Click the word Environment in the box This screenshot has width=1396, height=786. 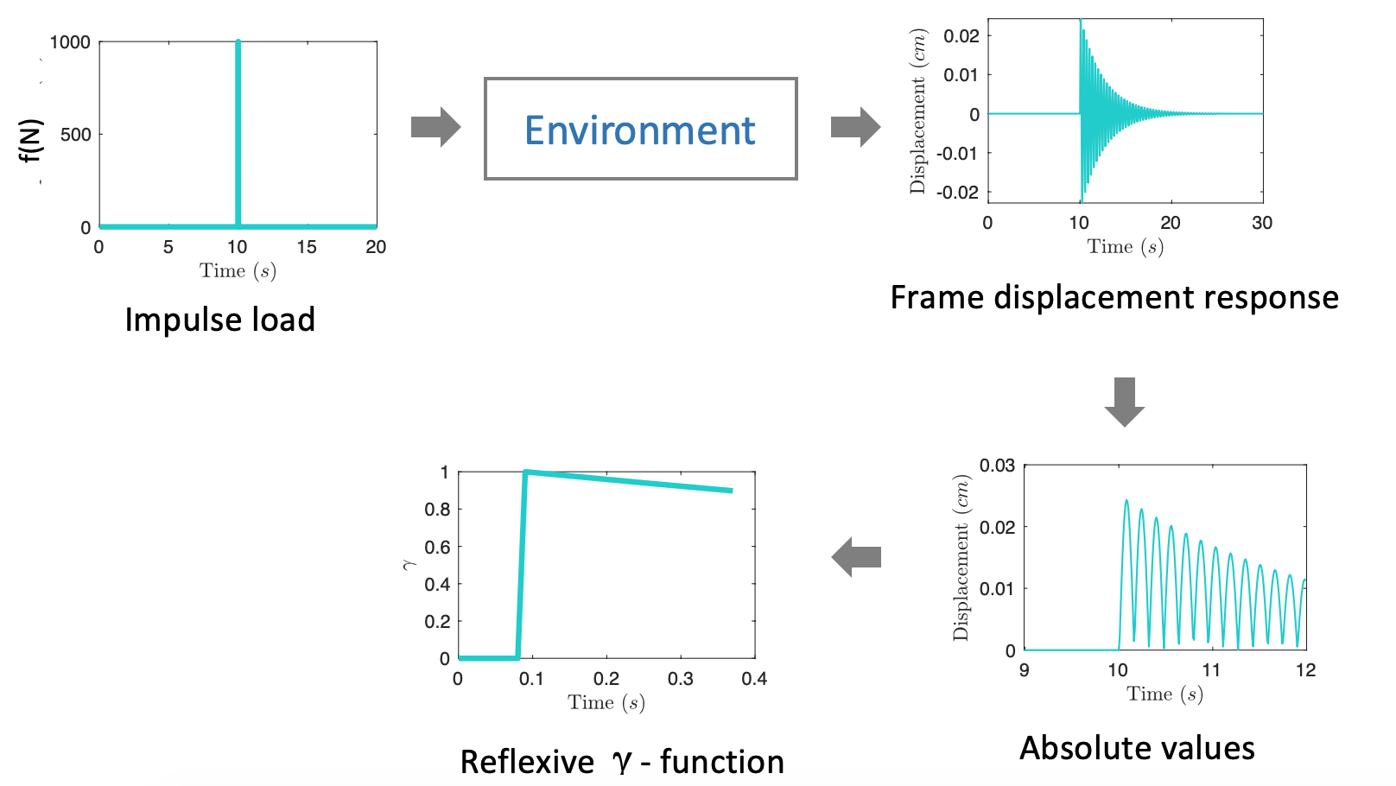(639, 130)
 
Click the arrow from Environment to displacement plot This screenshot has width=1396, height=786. (855, 127)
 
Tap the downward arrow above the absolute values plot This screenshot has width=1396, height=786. (1124, 402)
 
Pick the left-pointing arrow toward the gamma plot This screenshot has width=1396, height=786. (856, 557)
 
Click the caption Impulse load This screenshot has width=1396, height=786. (219, 320)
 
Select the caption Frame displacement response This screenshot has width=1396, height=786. (1114, 297)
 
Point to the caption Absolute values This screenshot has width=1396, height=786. (1137, 748)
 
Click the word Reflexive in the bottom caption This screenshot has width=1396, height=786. (527, 762)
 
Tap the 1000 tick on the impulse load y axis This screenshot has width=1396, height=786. (70, 42)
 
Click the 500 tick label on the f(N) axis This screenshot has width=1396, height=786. (75, 135)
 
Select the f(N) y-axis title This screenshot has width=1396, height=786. (31, 141)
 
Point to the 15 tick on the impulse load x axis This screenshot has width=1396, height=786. (307, 247)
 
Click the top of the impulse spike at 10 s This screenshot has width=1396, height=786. (238, 42)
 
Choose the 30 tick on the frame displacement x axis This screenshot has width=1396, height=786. (1262, 223)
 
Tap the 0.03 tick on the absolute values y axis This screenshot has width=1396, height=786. (997, 466)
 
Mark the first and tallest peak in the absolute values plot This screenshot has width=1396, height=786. (1126, 500)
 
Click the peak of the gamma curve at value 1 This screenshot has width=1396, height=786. (526, 472)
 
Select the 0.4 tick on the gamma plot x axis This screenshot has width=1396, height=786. (754, 679)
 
